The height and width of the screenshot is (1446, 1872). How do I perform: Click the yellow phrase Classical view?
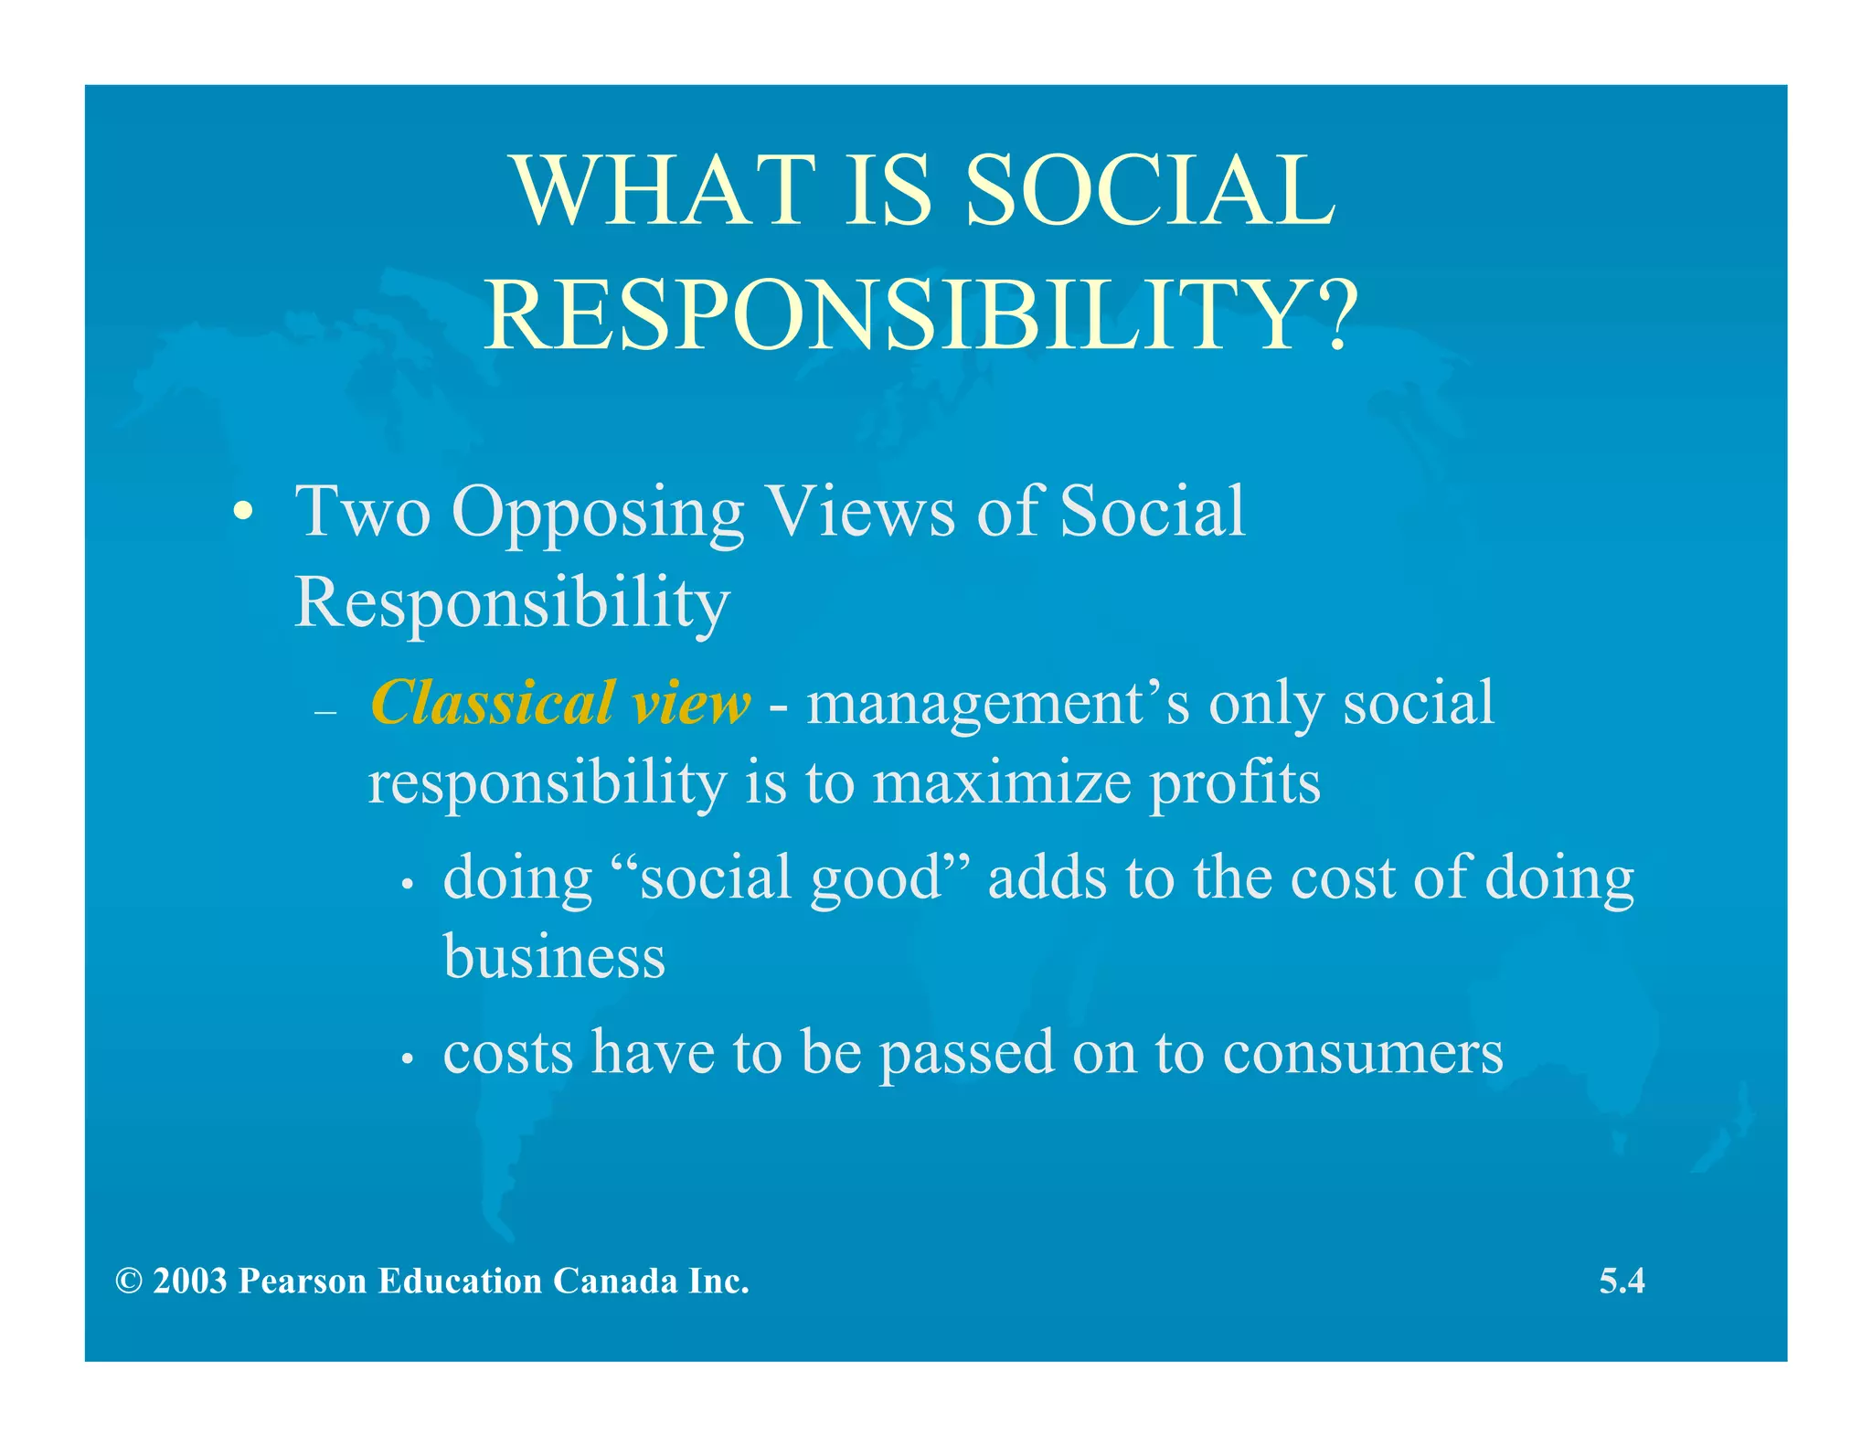[559, 704]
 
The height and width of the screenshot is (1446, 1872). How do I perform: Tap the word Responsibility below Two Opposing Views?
[512, 603]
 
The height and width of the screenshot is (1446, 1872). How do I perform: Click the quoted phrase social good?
[792, 877]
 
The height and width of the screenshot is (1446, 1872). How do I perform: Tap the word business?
[554, 957]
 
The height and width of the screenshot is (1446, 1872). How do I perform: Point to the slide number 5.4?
[1622, 1281]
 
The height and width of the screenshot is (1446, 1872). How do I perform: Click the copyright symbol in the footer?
[129, 1281]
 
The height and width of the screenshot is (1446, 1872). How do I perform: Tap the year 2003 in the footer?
[189, 1281]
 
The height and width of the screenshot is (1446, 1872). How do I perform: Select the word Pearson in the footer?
[302, 1281]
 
